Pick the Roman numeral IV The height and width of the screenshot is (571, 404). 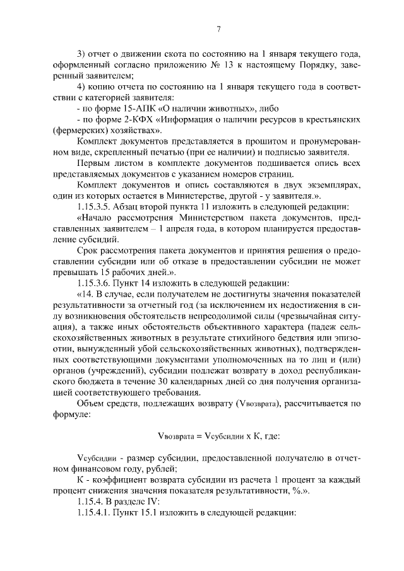[x=156, y=501]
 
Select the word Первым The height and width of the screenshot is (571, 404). [x=91, y=163]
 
